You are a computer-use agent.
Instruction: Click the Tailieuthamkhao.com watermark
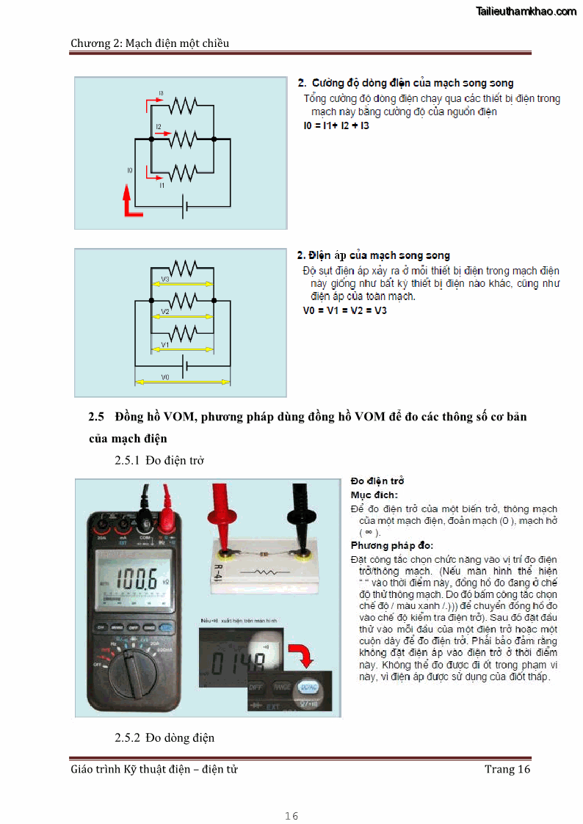coord(526,11)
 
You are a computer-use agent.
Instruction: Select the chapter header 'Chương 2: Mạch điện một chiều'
coord(150,43)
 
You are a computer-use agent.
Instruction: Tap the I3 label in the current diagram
coord(161,94)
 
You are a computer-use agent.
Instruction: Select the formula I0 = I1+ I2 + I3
coord(336,126)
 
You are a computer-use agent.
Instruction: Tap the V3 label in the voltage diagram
coord(165,280)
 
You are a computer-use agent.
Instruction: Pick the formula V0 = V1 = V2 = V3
coord(345,310)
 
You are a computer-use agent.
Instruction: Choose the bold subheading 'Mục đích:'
coord(374,495)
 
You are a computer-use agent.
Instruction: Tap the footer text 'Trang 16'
coord(507,769)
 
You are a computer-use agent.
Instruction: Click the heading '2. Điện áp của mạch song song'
coord(373,255)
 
